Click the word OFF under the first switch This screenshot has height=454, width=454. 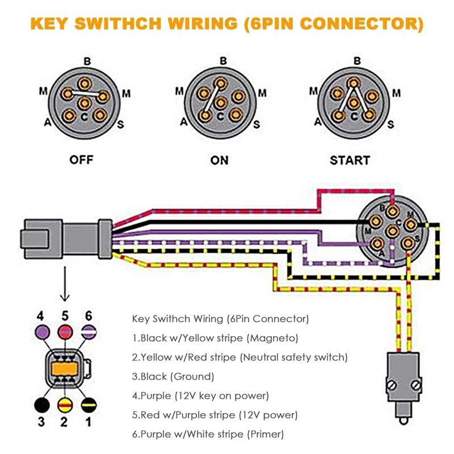click(81, 159)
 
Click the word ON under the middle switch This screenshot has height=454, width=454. click(219, 160)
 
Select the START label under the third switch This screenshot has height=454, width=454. click(350, 160)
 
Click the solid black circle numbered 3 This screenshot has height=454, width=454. click(41, 405)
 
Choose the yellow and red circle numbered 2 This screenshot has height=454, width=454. click(65, 405)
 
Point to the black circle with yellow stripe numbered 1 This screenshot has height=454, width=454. click(88, 405)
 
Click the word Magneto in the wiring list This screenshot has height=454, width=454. click(276, 338)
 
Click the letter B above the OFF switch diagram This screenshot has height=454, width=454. click(87, 61)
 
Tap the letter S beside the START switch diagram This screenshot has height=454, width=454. click(390, 124)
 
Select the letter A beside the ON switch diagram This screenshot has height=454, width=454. click(183, 121)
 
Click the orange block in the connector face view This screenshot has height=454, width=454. click(65, 369)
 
